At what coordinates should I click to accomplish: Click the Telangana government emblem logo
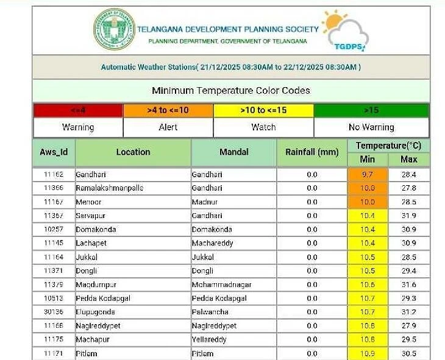(x=114, y=30)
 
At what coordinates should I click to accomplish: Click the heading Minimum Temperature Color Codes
(x=231, y=91)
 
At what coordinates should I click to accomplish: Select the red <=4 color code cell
(x=78, y=110)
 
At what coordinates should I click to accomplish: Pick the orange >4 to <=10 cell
(x=168, y=110)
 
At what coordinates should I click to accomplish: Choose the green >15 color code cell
(x=371, y=110)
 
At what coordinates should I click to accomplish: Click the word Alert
(x=168, y=127)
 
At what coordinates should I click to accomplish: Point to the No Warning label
(x=371, y=127)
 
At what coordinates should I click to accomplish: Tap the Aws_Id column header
(x=54, y=152)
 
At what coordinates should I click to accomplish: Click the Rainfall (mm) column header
(x=311, y=152)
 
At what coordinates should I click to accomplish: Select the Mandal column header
(x=233, y=152)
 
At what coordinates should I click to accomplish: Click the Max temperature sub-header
(x=408, y=160)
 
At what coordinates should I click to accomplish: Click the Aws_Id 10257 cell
(x=54, y=230)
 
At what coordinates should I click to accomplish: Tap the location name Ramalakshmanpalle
(x=109, y=188)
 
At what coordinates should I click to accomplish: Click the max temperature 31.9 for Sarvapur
(x=408, y=216)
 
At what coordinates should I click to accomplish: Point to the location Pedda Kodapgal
(x=103, y=298)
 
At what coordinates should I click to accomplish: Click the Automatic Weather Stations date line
(x=231, y=67)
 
